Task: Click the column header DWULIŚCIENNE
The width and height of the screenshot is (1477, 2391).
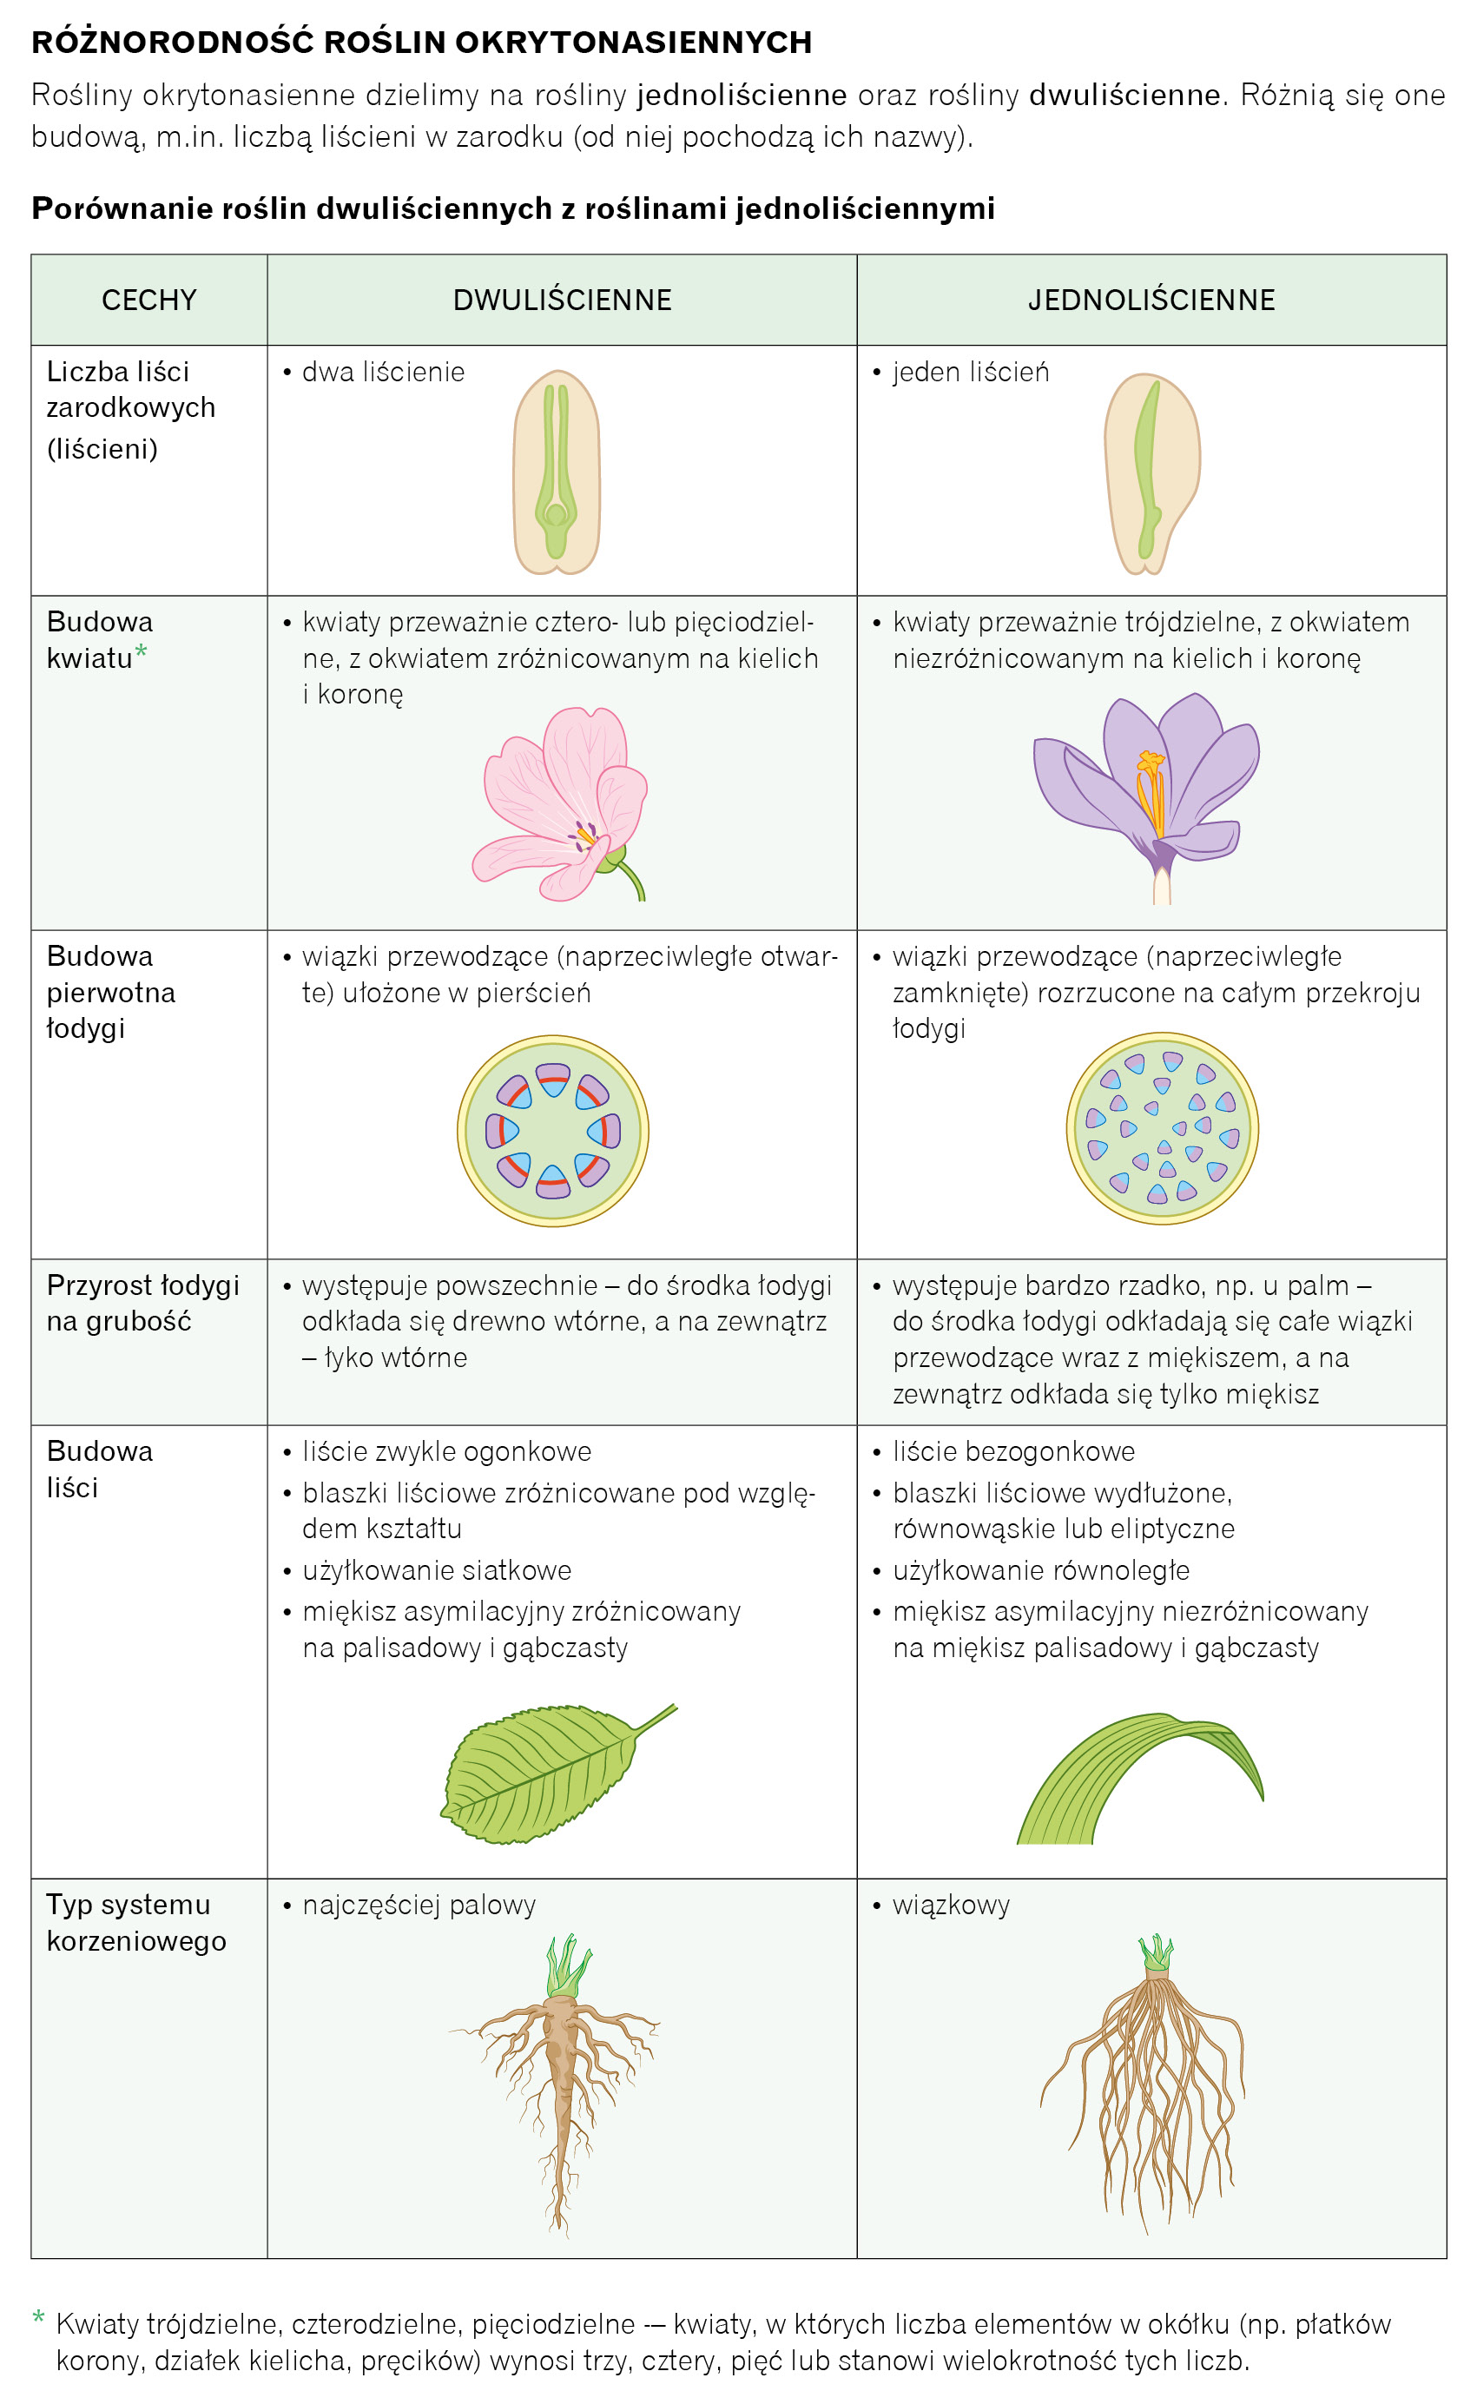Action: (x=562, y=300)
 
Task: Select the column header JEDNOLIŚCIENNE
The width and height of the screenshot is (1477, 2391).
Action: (x=1151, y=300)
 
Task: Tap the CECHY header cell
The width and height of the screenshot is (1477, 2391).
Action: (x=149, y=300)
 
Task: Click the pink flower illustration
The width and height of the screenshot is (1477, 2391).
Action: (x=562, y=802)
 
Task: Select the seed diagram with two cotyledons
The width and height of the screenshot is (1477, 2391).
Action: (x=557, y=472)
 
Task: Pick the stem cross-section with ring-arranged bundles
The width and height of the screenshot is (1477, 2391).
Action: (x=553, y=1130)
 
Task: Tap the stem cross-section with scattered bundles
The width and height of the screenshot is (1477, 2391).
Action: (x=1162, y=1127)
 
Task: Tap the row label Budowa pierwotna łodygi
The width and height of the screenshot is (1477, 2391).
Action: (x=110, y=992)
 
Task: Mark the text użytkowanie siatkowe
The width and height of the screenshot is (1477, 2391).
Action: (x=437, y=1570)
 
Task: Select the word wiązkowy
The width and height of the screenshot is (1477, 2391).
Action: (x=951, y=1905)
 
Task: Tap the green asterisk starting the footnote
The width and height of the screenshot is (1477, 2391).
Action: (x=39, y=2316)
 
